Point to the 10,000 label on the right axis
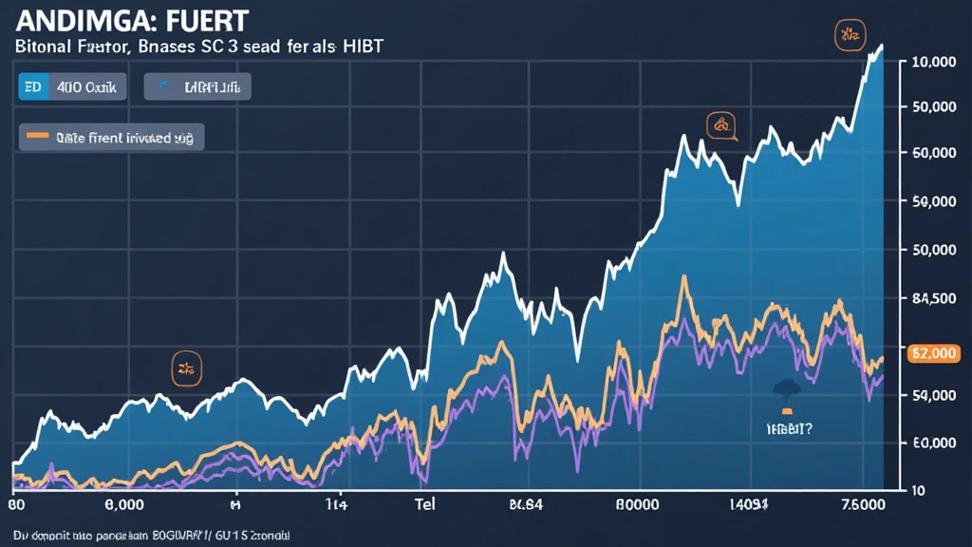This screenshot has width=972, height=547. click(932, 62)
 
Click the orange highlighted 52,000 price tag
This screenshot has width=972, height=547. click(932, 352)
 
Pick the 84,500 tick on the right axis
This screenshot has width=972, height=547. click(932, 299)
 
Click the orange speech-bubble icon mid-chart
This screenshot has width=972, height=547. click(721, 124)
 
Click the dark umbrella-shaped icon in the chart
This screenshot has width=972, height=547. click(788, 387)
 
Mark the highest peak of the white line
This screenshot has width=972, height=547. click(881, 46)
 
